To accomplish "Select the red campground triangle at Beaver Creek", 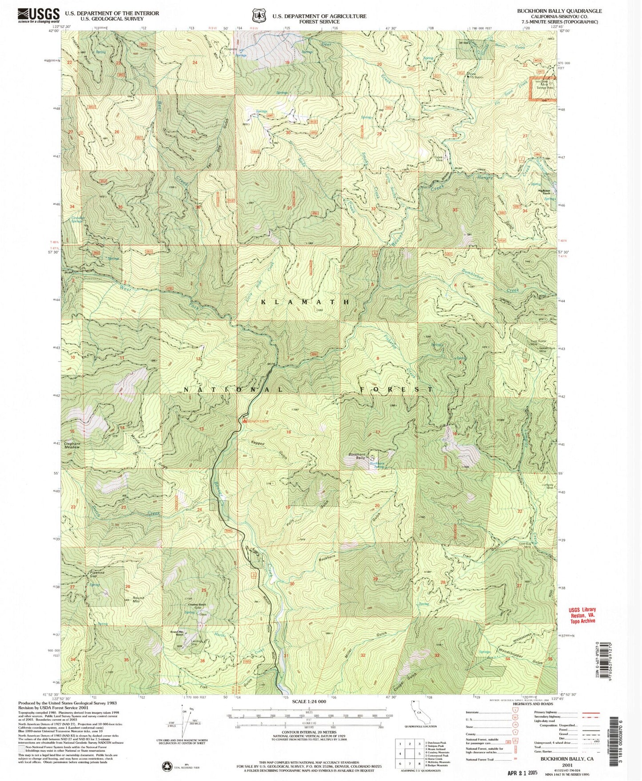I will tap(244, 420).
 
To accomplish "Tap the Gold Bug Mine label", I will tap(525, 545).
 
